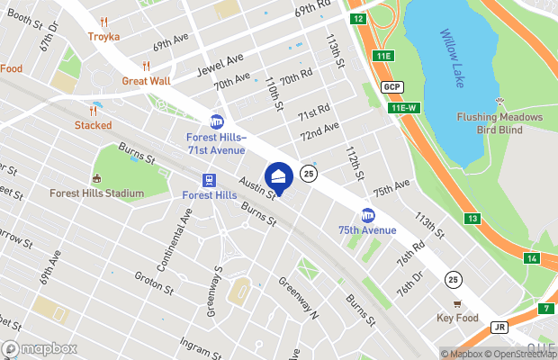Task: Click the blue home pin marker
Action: [279, 177]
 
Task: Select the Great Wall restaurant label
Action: [146, 80]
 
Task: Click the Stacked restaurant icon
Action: [94, 111]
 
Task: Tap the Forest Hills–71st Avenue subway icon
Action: [216, 121]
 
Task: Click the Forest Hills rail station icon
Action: [209, 179]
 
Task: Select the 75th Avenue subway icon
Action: [367, 215]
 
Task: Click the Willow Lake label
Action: [458, 45]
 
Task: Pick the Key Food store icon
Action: [456, 303]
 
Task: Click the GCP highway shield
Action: [391, 86]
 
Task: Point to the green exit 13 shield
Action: [472, 219]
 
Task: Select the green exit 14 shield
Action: [532, 258]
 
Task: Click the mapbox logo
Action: [40, 348]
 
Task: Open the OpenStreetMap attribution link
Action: [522, 354]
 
